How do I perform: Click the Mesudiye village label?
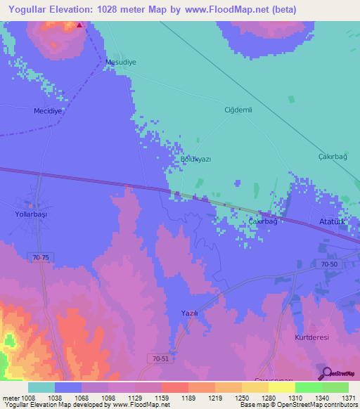(x=120, y=62)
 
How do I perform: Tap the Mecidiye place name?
(x=49, y=111)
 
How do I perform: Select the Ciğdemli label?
(x=238, y=110)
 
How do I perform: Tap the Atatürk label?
(x=335, y=219)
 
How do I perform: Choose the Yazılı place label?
(x=188, y=313)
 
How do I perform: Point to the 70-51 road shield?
(x=180, y=359)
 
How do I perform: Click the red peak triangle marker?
(x=79, y=25)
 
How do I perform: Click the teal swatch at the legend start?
(x=41, y=387)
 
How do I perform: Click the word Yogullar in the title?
(x=32, y=9)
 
